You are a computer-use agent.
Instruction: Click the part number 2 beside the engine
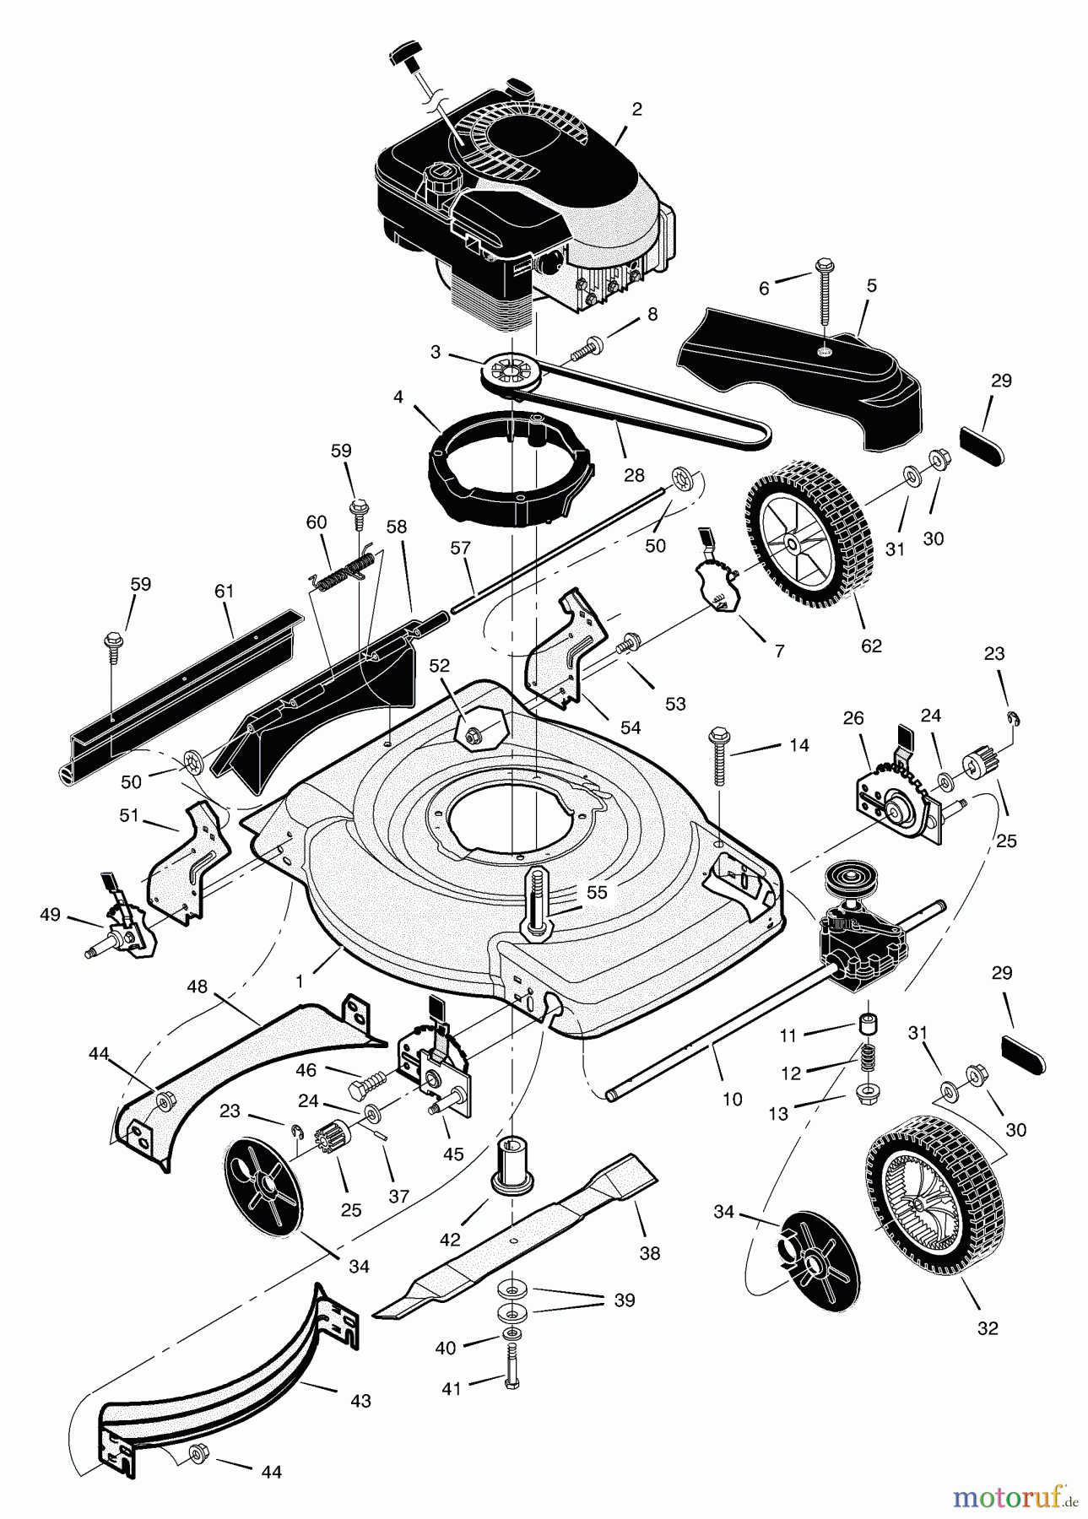636,109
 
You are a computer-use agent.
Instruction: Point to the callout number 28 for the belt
634,475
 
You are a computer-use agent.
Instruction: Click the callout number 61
224,591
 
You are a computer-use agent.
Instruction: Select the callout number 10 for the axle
732,1099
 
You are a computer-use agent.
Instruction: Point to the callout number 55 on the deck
597,891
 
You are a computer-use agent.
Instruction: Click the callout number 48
197,987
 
